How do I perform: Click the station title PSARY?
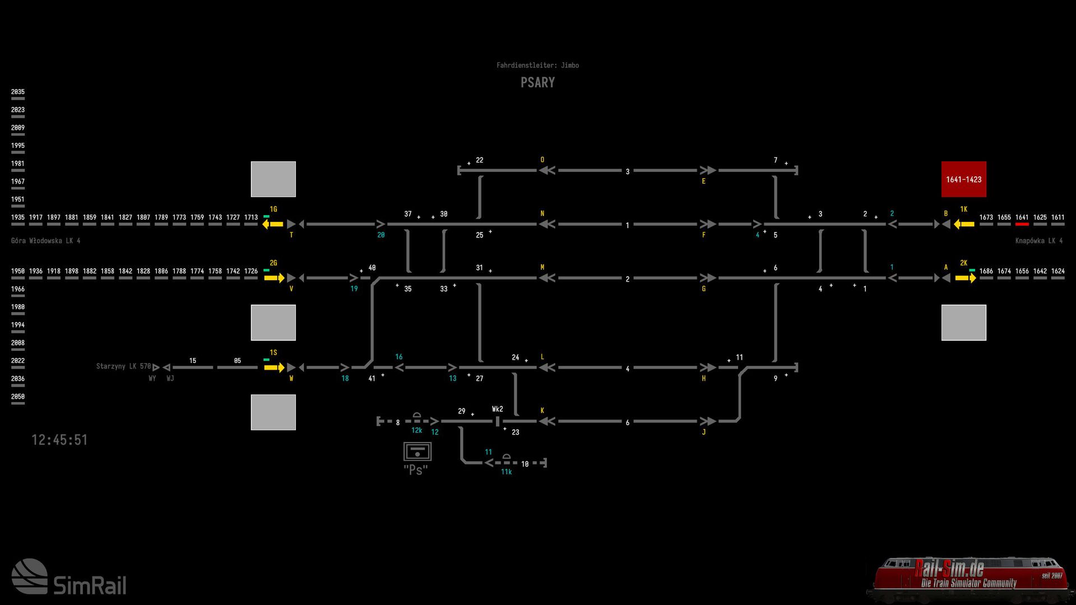pyautogui.click(x=537, y=82)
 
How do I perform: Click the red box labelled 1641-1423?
pyautogui.click(x=963, y=179)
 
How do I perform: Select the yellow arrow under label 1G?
pyautogui.click(x=273, y=224)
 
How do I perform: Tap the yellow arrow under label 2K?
pyautogui.click(x=966, y=278)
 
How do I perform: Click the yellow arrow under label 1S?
pyautogui.click(x=275, y=367)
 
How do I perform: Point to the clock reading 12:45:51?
pyautogui.click(x=59, y=440)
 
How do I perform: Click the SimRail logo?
pyautogui.click(x=69, y=577)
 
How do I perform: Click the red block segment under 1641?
pyautogui.click(x=1022, y=224)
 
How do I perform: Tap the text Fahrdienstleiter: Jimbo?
pyautogui.click(x=537, y=66)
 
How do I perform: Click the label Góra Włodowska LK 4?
pyautogui.click(x=46, y=241)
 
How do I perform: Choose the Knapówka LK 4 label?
pyautogui.click(x=1038, y=241)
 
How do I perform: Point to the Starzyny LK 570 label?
pyautogui.click(x=123, y=366)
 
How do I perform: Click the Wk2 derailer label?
pyautogui.click(x=497, y=409)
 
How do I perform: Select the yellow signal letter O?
pyautogui.click(x=542, y=160)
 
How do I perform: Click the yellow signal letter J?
pyautogui.click(x=703, y=432)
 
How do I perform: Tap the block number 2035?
pyautogui.click(x=18, y=92)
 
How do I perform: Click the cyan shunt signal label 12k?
pyautogui.click(x=416, y=430)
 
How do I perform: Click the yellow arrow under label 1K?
pyautogui.click(x=964, y=224)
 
